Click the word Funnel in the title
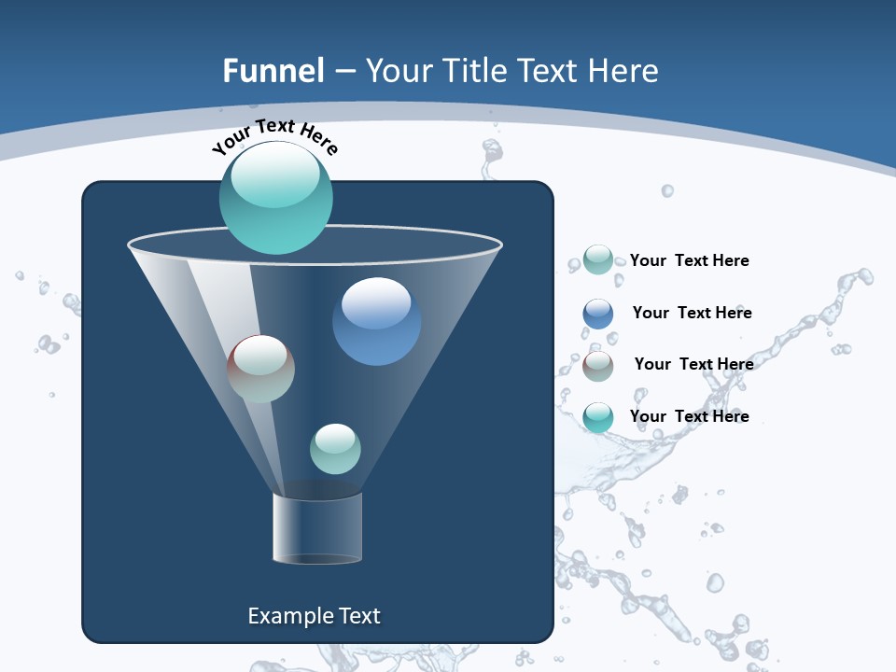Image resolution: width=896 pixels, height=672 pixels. coord(273,71)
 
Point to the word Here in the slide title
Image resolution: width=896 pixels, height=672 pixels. coord(622,71)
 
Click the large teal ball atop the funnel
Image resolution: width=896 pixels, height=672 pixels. coord(276,197)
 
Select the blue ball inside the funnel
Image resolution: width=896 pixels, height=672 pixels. coord(376,322)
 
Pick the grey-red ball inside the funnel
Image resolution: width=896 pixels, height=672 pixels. coord(261,369)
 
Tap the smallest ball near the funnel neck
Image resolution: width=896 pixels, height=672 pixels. coord(335,449)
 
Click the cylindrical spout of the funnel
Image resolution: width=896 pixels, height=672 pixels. coord(317,528)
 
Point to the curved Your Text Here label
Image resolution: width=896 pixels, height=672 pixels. coord(275,137)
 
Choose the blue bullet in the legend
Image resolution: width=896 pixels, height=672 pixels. coord(598,314)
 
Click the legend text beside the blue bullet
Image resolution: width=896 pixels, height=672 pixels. coord(692,313)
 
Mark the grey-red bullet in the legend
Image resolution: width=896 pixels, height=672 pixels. coord(598,366)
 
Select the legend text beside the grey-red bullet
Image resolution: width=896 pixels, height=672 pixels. coord(693,364)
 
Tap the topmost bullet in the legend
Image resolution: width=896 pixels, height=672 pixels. coord(598,259)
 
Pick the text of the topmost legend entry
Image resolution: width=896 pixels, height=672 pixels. coord(689,260)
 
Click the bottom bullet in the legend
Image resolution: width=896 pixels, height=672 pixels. coord(598,417)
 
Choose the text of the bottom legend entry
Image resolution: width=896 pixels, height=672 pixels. coord(689,416)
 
